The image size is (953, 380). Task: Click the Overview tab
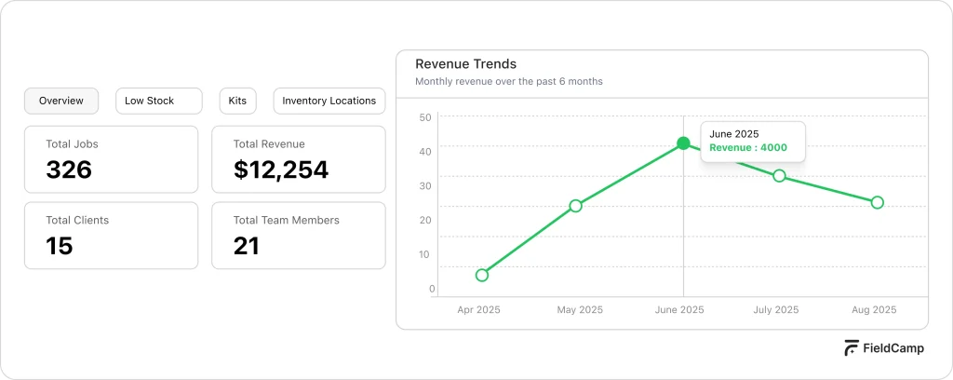[x=61, y=101]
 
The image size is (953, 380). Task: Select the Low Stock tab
[x=158, y=101]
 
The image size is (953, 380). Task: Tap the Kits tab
[x=237, y=101]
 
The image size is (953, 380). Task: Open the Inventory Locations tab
[x=329, y=101]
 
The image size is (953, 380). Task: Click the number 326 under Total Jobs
[x=69, y=170]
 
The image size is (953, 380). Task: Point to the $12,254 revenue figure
[x=280, y=170]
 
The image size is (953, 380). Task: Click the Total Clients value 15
[x=60, y=246]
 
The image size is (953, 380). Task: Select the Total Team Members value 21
[x=247, y=246]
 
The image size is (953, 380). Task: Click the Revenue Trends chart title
[x=465, y=64]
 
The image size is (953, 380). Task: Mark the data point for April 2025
[x=482, y=275]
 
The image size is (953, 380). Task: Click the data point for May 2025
[x=575, y=206]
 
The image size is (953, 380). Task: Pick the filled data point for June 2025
[x=683, y=143]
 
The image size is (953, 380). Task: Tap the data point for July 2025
[x=779, y=176]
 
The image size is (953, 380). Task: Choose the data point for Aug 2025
[x=877, y=202]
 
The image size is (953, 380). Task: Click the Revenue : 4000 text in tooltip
[x=747, y=147]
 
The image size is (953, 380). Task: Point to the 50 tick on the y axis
[x=425, y=117]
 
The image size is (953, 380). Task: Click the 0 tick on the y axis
[x=432, y=289]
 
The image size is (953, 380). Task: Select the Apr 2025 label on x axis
[x=479, y=310]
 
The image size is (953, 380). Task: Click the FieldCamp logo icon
[x=852, y=348]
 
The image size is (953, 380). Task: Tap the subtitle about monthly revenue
[x=508, y=82]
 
